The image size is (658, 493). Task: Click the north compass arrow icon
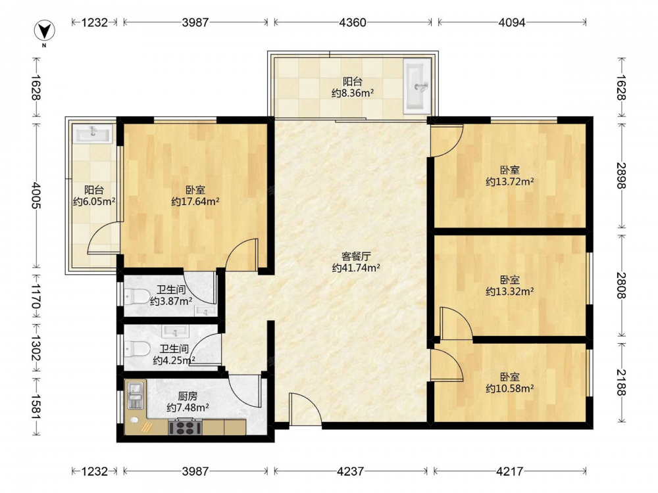click(45, 31)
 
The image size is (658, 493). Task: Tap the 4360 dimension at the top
click(353, 22)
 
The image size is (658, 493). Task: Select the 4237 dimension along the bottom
click(351, 471)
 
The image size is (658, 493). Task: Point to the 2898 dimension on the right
click(622, 176)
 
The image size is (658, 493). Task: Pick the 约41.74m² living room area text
click(356, 268)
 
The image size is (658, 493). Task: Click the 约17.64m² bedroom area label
click(195, 202)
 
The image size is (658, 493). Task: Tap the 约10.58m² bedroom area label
click(510, 388)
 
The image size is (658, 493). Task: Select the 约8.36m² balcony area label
click(353, 93)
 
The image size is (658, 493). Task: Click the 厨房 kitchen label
click(188, 396)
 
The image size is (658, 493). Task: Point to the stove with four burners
click(185, 428)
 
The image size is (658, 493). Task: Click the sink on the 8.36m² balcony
click(417, 86)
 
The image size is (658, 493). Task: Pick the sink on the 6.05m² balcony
click(93, 133)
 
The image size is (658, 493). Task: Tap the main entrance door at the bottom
click(305, 410)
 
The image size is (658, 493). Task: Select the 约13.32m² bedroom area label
click(510, 291)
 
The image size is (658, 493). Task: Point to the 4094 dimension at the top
click(512, 22)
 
